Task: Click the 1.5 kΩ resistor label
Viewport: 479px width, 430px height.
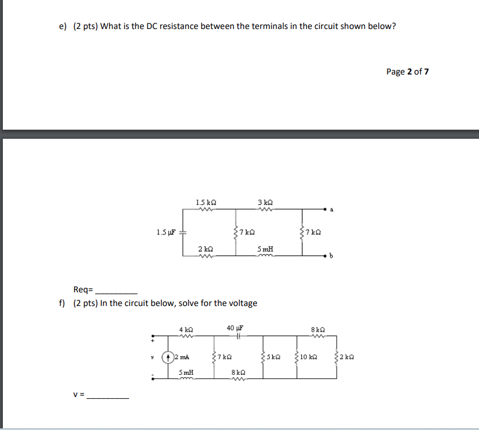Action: (206, 202)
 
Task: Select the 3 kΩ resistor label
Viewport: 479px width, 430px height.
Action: (265, 202)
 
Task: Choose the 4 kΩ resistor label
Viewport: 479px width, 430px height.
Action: (186, 329)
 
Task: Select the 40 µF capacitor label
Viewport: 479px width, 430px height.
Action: (235, 328)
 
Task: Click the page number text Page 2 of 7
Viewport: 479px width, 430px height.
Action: (407, 72)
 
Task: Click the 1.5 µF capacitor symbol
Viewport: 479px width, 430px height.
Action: (183, 232)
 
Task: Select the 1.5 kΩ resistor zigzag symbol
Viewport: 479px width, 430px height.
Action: (206, 209)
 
